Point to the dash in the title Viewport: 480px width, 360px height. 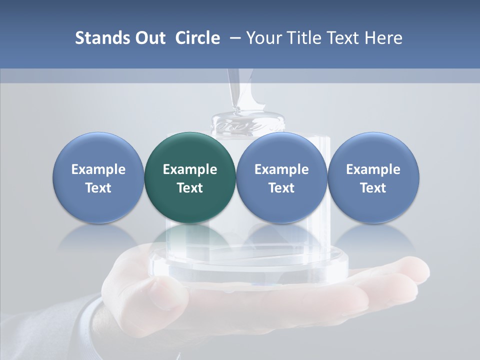[233, 38]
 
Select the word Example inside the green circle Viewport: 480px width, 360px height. [190, 169]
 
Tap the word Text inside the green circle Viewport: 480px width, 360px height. [190, 188]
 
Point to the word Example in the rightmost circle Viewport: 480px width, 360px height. [373, 169]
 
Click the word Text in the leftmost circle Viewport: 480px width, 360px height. [98, 188]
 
